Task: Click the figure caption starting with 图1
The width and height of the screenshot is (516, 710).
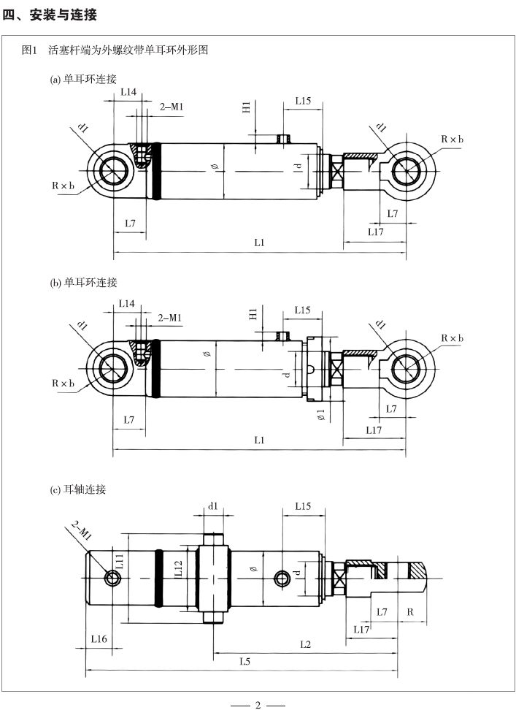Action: pos(116,51)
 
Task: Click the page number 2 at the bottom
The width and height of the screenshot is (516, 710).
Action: pos(258,704)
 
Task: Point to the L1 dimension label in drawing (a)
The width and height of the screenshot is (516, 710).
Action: pos(259,243)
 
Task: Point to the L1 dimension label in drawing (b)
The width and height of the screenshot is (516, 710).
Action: pos(259,440)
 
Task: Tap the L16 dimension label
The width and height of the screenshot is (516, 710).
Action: pos(99,639)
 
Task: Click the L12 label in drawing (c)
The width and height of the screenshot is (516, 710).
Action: pos(177,570)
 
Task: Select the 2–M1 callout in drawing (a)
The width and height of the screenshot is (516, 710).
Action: pos(172,107)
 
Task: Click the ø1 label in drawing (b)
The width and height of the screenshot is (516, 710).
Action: pos(320,416)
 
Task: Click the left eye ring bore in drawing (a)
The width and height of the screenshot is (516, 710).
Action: pos(113,171)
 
